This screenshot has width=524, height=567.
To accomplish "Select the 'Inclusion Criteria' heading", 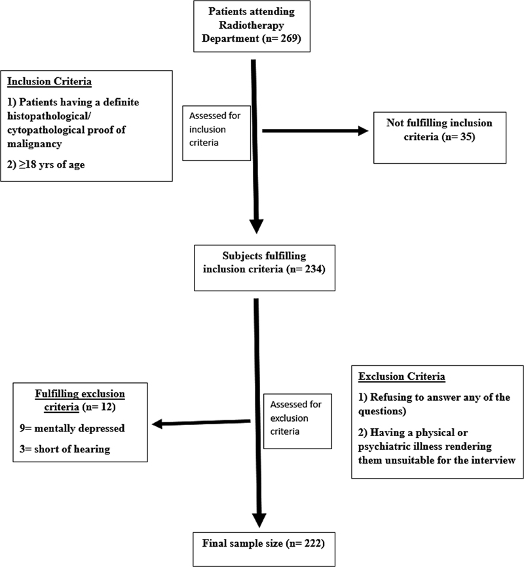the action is point(49,81).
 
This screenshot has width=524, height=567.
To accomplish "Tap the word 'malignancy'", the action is point(34,143).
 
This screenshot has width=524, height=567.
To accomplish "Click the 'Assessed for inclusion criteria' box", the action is point(216,133).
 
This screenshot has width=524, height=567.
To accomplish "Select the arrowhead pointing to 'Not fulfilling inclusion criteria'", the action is point(364,131).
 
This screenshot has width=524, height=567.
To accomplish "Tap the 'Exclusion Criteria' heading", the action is point(402,376).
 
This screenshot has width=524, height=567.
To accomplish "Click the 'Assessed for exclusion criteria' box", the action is point(297,421).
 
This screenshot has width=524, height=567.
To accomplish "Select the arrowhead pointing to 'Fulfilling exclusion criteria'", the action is point(157,424).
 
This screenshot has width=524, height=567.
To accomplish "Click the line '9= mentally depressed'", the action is point(72,428).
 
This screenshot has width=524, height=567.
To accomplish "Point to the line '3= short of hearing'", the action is point(65,449).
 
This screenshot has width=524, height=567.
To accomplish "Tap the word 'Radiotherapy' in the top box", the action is point(252,25).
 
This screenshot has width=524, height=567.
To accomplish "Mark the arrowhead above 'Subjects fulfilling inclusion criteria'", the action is point(257,227).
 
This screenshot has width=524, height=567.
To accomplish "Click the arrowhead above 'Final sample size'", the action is point(259,521).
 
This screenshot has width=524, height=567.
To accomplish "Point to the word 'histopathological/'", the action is point(47,116).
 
